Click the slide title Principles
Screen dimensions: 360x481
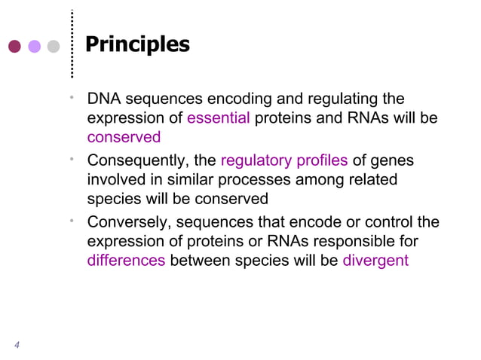[137, 44]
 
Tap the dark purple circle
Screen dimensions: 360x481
[14, 46]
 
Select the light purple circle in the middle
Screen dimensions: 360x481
[34, 46]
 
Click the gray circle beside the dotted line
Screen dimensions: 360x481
[53, 46]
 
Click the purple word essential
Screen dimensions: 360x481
[219, 118]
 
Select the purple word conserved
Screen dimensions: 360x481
[124, 138]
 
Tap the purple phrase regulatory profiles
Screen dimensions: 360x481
[284, 160]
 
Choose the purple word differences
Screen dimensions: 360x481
[126, 261]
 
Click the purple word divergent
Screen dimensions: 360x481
[375, 261]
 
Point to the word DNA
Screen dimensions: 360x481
[103, 99]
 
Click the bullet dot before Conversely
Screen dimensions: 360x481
[70, 220]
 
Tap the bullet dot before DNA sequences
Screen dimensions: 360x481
[70, 96]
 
